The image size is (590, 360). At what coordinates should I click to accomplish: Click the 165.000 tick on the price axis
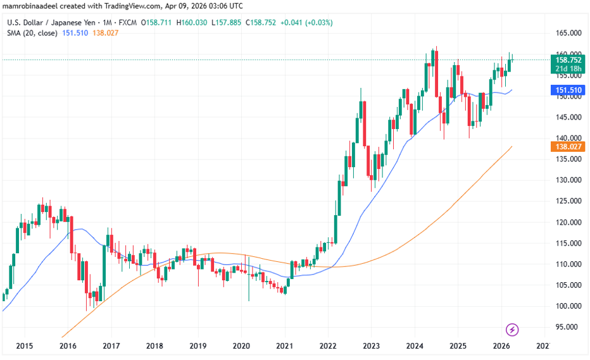point(565,33)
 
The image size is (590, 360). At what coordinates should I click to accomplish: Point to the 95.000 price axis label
point(565,327)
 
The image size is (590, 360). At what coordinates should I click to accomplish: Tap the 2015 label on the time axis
point(24,346)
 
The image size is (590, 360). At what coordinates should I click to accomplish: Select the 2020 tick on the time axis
point(241,346)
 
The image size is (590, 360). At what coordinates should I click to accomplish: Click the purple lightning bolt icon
point(513,330)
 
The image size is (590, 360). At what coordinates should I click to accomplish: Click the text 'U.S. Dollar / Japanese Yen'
point(50,23)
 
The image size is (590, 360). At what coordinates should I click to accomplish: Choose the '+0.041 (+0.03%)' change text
point(306,23)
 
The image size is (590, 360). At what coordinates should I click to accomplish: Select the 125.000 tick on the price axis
point(565,201)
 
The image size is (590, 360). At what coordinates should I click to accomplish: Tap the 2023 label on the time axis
point(371,346)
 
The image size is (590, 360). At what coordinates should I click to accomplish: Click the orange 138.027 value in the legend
point(104,33)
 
